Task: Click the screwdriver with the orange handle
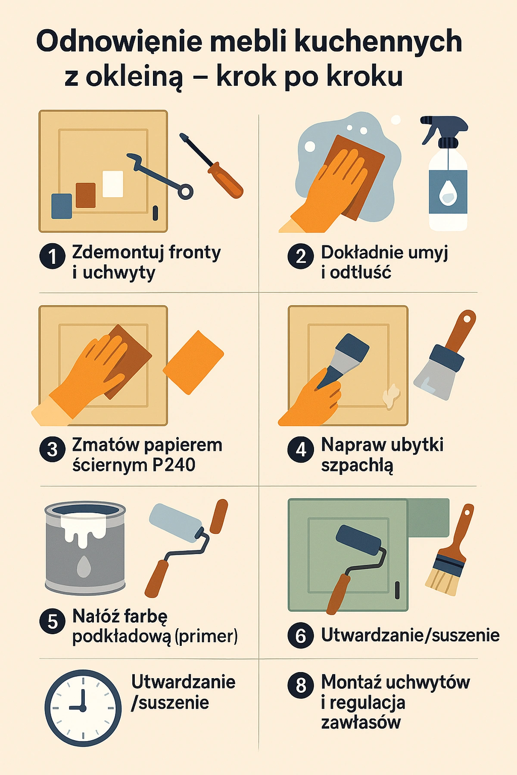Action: click(212, 166)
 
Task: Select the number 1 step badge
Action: click(53, 257)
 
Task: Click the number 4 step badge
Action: click(301, 449)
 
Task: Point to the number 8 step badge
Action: click(301, 685)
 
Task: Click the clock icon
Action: click(83, 708)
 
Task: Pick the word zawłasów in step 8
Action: click(361, 722)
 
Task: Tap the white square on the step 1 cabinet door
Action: click(113, 184)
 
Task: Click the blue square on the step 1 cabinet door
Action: click(62, 206)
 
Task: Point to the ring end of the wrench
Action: click(185, 192)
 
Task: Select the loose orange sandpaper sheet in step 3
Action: click(193, 362)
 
